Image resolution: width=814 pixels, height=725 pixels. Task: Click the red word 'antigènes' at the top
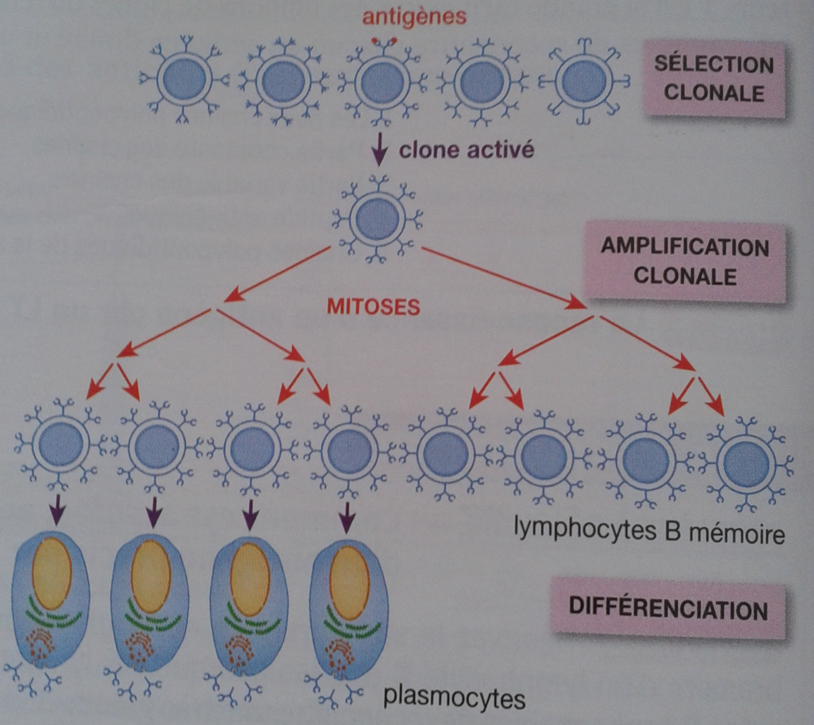(414, 16)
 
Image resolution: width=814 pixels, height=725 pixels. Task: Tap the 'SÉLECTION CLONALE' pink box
(713, 79)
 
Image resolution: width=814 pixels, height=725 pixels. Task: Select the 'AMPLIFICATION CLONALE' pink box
(685, 262)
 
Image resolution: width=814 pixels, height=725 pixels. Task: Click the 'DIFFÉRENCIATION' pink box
(668, 609)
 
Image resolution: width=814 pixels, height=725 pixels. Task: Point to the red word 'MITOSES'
(374, 307)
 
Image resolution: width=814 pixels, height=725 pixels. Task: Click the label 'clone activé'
(466, 150)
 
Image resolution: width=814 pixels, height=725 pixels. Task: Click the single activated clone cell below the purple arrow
(377, 219)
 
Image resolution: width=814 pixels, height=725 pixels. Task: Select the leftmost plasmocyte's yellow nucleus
(52, 573)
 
